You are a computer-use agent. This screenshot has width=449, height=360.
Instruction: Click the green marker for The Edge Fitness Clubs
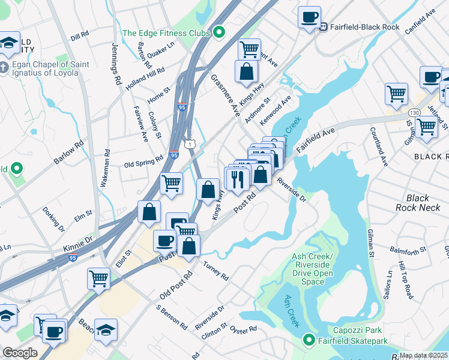coord(219,32)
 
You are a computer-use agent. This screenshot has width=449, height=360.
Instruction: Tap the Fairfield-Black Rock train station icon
coord(323,26)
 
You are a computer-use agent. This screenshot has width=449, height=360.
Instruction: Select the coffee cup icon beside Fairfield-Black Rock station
coord(310,17)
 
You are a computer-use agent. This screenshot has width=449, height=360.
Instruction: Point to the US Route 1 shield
coord(190,144)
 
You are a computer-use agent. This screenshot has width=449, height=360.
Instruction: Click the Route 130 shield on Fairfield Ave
coord(414,112)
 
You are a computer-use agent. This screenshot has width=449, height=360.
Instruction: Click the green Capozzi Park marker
coord(309,340)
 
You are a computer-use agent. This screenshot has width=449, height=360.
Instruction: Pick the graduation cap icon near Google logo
coord(106,330)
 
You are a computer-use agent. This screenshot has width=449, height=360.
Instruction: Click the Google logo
coord(20,353)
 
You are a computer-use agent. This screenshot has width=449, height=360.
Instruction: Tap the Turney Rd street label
coord(215,271)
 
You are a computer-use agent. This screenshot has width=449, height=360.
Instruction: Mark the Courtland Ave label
coord(379,146)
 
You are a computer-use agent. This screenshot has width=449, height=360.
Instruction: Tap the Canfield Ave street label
coord(420,21)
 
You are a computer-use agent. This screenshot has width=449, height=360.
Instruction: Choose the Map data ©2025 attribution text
coord(424,355)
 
